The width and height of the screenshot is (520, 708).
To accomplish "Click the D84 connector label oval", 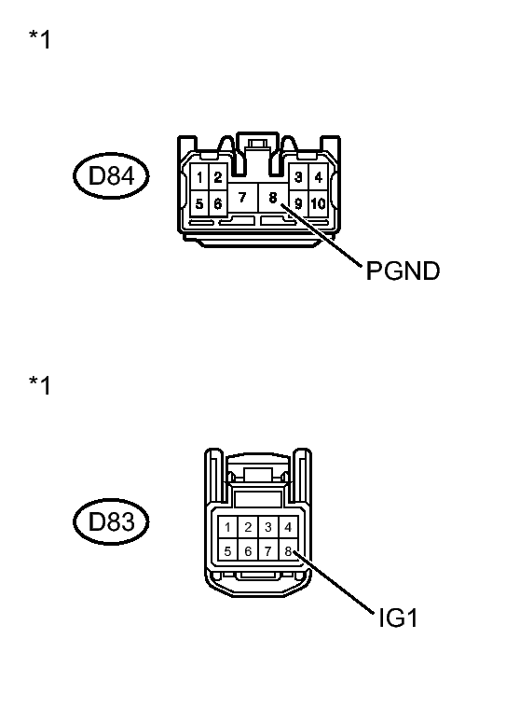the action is (111, 175).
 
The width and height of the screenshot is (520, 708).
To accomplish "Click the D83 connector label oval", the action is (111, 521).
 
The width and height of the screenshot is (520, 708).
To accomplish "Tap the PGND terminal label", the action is (403, 271).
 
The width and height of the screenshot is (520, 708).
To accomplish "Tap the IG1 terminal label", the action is (398, 618).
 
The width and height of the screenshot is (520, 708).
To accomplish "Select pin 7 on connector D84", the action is (242, 198).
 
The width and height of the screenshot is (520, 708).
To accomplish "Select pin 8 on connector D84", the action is (273, 198).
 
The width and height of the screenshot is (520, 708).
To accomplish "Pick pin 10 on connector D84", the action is (318, 203).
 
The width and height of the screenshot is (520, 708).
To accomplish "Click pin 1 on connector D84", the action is (199, 177).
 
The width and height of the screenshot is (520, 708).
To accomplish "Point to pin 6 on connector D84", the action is (218, 203).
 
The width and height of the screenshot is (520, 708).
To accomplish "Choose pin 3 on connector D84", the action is (298, 177).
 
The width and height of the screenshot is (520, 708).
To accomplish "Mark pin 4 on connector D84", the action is (318, 177).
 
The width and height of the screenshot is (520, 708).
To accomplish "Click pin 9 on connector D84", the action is (298, 203).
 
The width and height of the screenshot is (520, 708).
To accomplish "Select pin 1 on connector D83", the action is (227, 527).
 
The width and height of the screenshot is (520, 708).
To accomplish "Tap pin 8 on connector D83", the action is (288, 551).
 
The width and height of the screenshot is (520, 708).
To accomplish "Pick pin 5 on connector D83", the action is (227, 551).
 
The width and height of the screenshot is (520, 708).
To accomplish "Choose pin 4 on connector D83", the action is (288, 527).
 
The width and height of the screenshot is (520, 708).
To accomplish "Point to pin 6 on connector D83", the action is (248, 551).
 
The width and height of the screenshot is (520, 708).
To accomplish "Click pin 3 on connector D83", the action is (268, 527).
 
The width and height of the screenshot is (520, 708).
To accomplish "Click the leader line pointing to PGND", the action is (322, 235).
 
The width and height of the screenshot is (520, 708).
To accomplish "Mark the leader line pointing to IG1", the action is (334, 582).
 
